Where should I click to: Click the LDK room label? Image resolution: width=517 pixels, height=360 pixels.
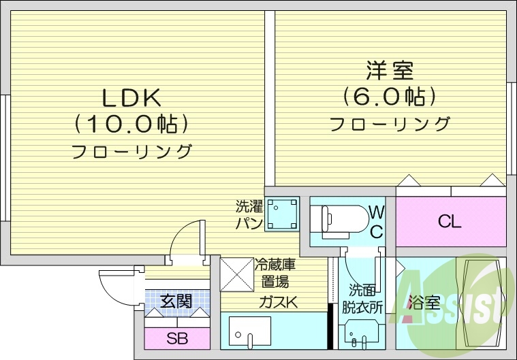131,99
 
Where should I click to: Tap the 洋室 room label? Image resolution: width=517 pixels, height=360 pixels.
390,70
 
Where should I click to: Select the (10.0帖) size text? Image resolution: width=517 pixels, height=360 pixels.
131,125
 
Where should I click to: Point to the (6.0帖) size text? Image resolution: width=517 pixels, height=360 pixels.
390,97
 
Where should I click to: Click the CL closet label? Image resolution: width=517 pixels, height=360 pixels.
450,222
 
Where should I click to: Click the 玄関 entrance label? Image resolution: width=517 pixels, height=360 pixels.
176,299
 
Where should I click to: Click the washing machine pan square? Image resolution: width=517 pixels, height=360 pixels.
281,213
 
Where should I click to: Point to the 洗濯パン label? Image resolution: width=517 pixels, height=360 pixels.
249,214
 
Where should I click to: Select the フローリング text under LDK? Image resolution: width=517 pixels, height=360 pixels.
132,151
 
